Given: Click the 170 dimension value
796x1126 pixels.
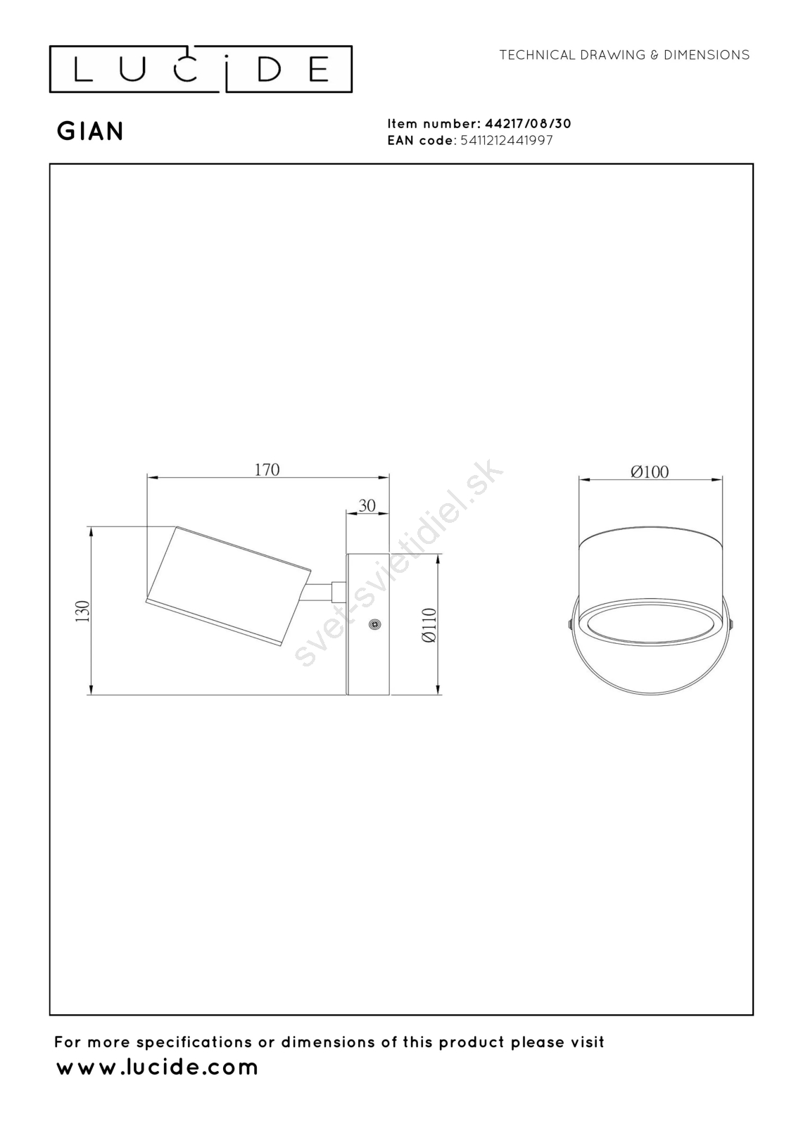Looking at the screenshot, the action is [x=267, y=469].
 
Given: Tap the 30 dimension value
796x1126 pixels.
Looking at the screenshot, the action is [x=367, y=505].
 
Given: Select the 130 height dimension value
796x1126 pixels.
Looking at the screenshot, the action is [x=82, y=612].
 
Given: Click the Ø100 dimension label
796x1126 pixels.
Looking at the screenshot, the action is [x=650, y=472].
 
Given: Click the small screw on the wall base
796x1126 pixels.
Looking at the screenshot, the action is [x=374, y=624].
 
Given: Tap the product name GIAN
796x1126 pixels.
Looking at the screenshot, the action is [x=91, y=132].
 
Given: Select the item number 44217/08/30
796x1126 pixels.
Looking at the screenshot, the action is [x=527, y=124].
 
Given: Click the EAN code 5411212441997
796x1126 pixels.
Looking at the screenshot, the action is [x=506, y=140].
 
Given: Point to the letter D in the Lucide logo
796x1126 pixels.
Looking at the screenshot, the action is [x=269, y=70].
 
